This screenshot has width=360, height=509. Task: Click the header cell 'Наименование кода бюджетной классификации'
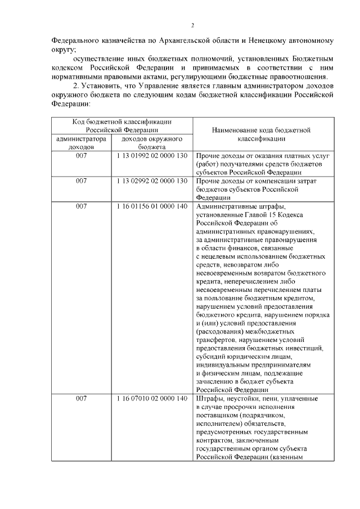click(x=262, y=133)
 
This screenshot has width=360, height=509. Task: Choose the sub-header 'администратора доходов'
click(x=82, y=142)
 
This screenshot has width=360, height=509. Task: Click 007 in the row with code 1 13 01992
click(x=82, y=155)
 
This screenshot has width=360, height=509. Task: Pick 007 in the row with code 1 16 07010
click(x=82, y=399)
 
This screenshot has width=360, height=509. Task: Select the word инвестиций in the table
click(x=304, y=349)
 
